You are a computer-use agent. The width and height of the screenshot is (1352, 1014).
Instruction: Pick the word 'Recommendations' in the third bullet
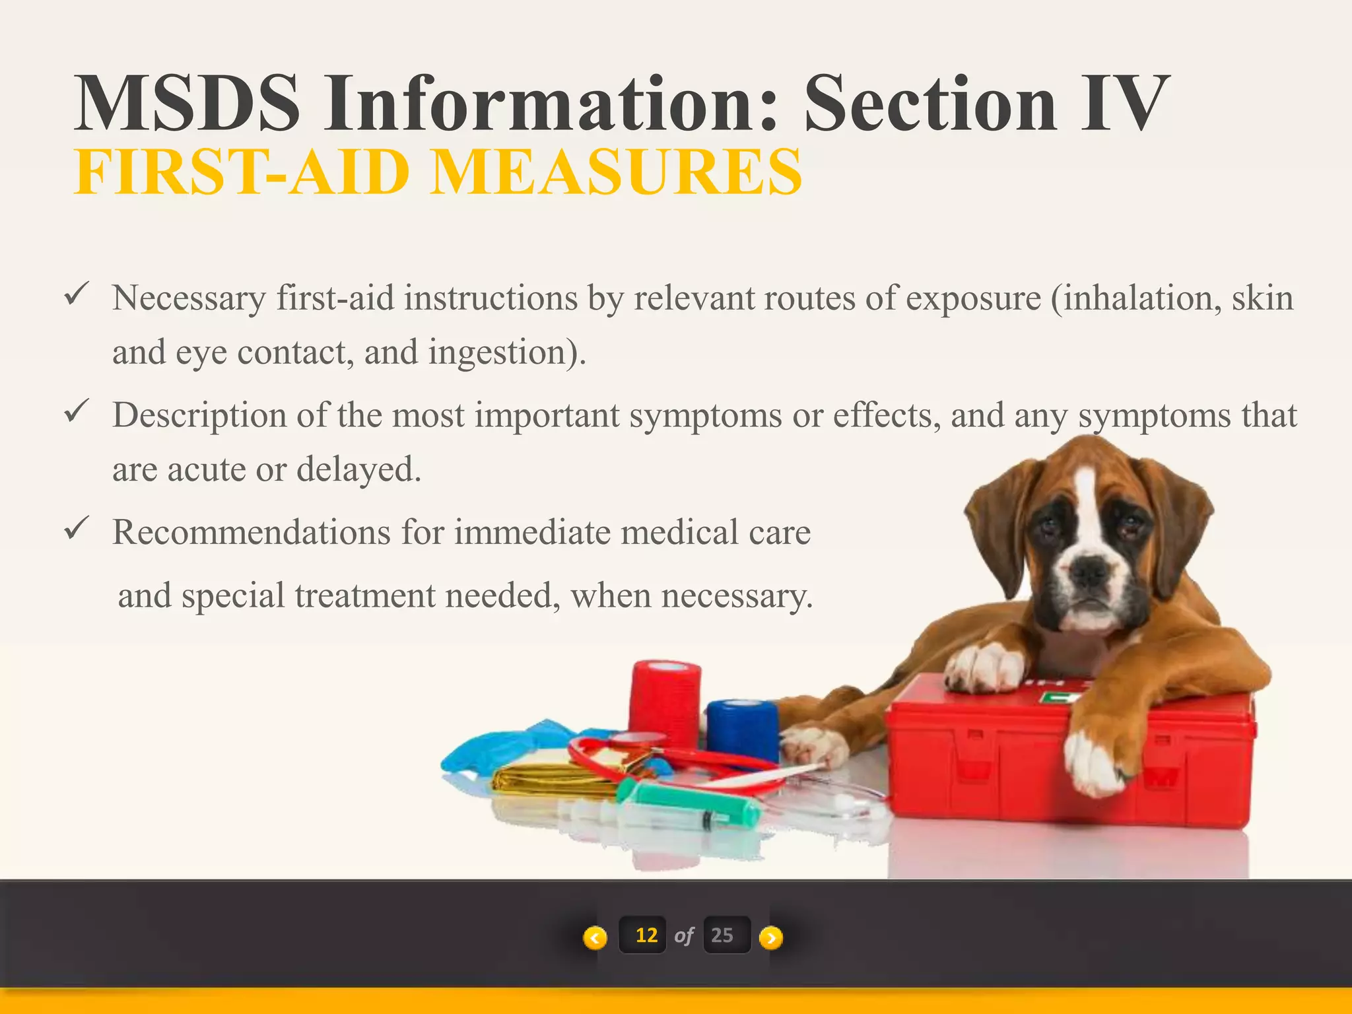(x=252, y=532)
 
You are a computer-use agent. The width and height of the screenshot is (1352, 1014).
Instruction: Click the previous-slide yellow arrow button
(x=595, y=937)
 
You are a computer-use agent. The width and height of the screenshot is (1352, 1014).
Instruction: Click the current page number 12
(x=646, y=935)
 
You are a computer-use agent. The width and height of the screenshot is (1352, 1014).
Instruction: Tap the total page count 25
(x=722, y=935)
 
